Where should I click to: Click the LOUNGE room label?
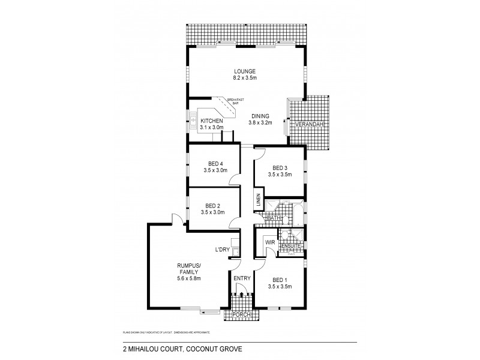coord(245,71)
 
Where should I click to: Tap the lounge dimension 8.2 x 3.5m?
coord(245,78)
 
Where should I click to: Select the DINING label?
coord(260,116)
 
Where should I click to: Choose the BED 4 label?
coord(215,163)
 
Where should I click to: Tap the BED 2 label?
coord(215,205)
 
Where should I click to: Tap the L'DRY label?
coord(223,250)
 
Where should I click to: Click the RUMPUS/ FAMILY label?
coord(188,268)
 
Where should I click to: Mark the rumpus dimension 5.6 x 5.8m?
coord(188,279)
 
